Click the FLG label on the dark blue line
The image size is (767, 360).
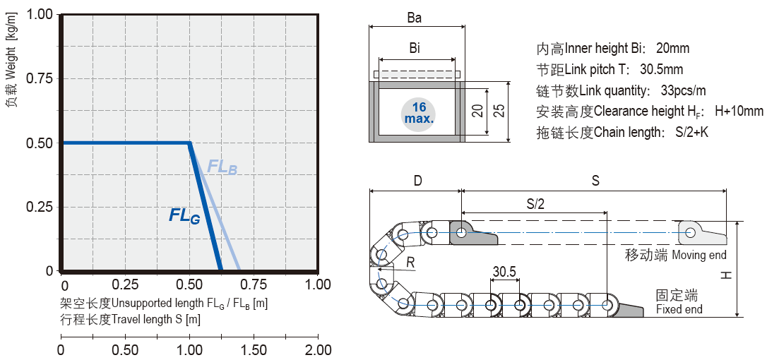[x=184, y=216]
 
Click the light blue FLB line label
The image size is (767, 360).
[x=222, y=167]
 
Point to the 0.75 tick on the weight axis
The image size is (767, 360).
[x=41, y=78]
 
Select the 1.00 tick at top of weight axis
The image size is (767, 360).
[x=41, y=14]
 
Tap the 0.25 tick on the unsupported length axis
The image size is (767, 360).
[x=125, y=284]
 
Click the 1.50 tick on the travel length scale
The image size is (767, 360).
[x=254, y=350]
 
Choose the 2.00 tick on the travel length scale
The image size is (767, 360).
[x=318, y=350]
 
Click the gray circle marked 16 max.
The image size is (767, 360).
[x=419, y=113]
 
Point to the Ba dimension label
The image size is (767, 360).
[x=415, y=18]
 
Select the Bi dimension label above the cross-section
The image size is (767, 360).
[x=415, y=49]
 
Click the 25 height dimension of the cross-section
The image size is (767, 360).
[x=499, y=111]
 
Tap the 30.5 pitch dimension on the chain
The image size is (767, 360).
[x=504, y=272]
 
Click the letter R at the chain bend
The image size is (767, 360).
[x=411, y=263]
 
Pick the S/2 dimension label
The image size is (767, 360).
[x=535, y=203]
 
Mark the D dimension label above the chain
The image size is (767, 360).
[x=417, y=181]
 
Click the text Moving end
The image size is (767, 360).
[x=698, y=255]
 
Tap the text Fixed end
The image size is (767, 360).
[x=679, y=309]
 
